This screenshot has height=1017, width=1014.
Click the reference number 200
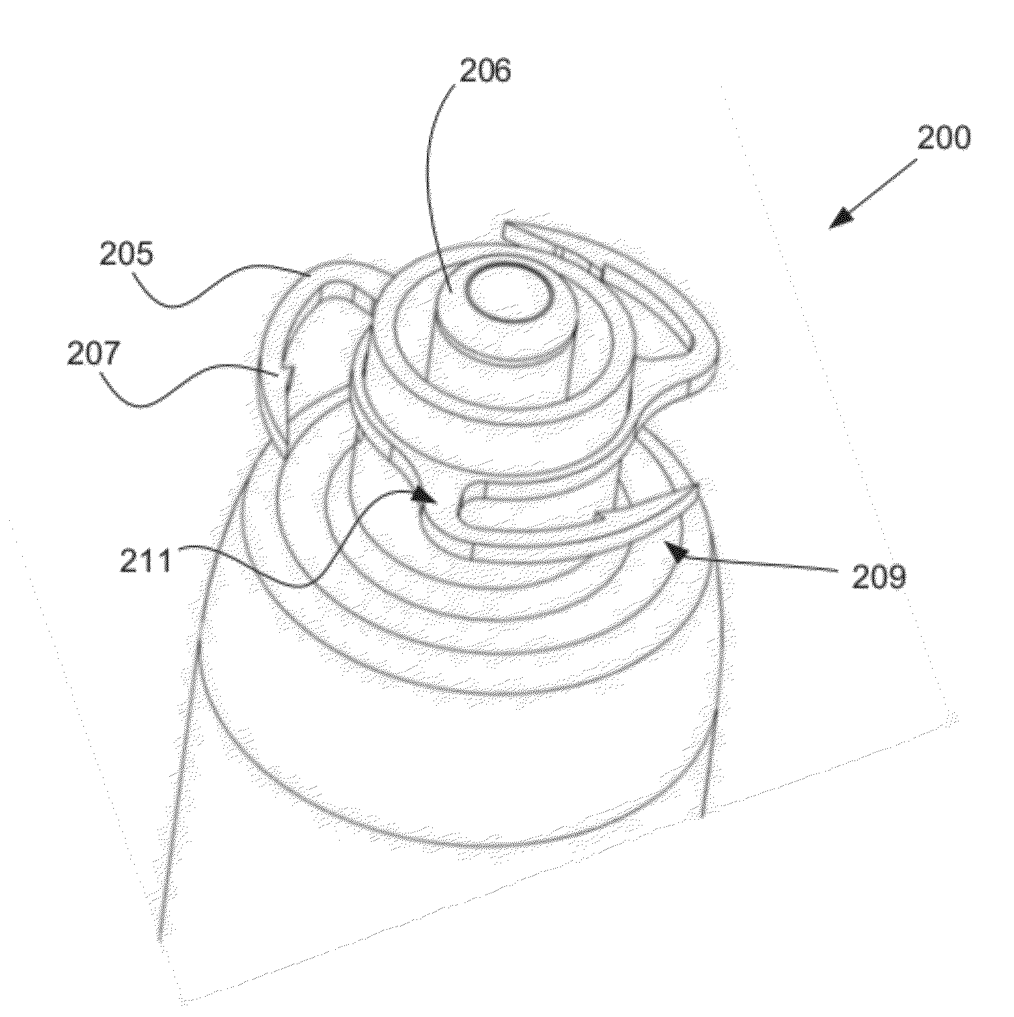pyautogui.click(x=943, y=137)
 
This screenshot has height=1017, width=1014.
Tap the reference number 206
pyautogui.click(x=486, y=71)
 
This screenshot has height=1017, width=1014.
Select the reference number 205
pyautogui.click(x=126, y=253)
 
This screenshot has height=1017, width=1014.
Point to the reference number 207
pyautogui.click(x=94, y=354)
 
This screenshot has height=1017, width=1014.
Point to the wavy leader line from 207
pyautogui.click(x=195, y=384)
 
